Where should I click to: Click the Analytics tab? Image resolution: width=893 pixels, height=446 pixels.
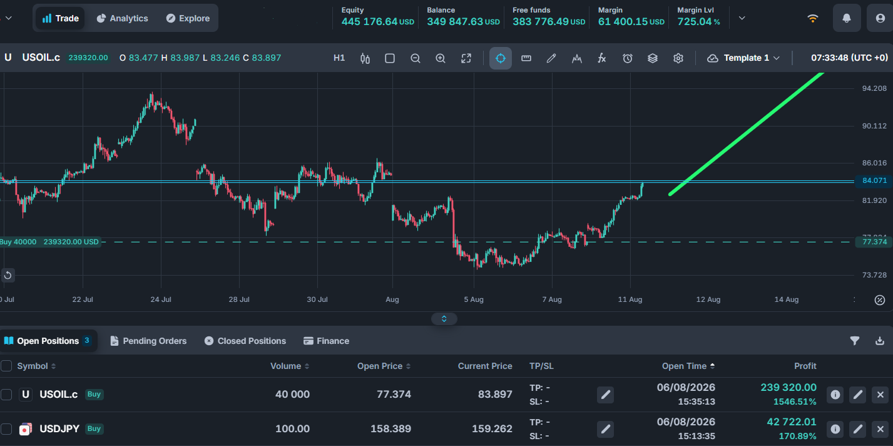123,18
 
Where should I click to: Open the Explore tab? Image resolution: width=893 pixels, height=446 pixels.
188,18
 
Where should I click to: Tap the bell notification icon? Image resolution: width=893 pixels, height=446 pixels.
846,18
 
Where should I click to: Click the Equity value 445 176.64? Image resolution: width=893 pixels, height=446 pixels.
369,21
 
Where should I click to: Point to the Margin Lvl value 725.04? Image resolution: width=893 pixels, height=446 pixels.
695,21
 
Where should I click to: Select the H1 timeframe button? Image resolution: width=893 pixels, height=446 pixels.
339,58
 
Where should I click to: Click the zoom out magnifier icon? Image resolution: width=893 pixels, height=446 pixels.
415,58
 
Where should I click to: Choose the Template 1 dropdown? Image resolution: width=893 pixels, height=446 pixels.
743,58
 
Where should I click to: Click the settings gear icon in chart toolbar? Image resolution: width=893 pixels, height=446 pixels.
678,58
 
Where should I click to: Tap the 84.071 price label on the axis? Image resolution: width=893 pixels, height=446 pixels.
874,180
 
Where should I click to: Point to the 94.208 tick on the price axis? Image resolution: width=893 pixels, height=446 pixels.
874,88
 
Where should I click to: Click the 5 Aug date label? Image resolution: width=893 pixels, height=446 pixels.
474,299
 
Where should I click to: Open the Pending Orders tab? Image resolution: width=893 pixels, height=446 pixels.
148,341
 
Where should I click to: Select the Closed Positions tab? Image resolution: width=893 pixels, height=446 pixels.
245,341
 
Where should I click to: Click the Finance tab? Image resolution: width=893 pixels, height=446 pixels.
326,341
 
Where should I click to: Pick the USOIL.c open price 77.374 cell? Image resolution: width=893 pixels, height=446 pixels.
394,395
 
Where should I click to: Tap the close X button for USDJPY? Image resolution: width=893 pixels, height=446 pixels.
880,429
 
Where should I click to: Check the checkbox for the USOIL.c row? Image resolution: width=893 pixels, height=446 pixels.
6,395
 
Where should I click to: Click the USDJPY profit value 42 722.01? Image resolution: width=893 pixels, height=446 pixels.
792,422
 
